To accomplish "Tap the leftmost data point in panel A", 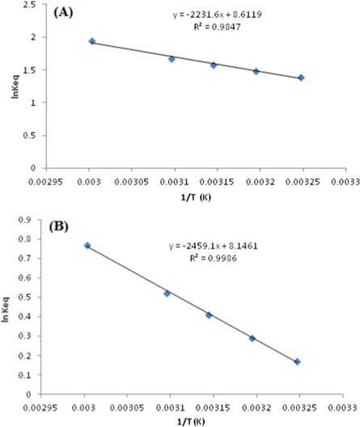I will click(x=91, y=41).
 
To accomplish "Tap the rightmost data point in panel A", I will click(x=301, y=78).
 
